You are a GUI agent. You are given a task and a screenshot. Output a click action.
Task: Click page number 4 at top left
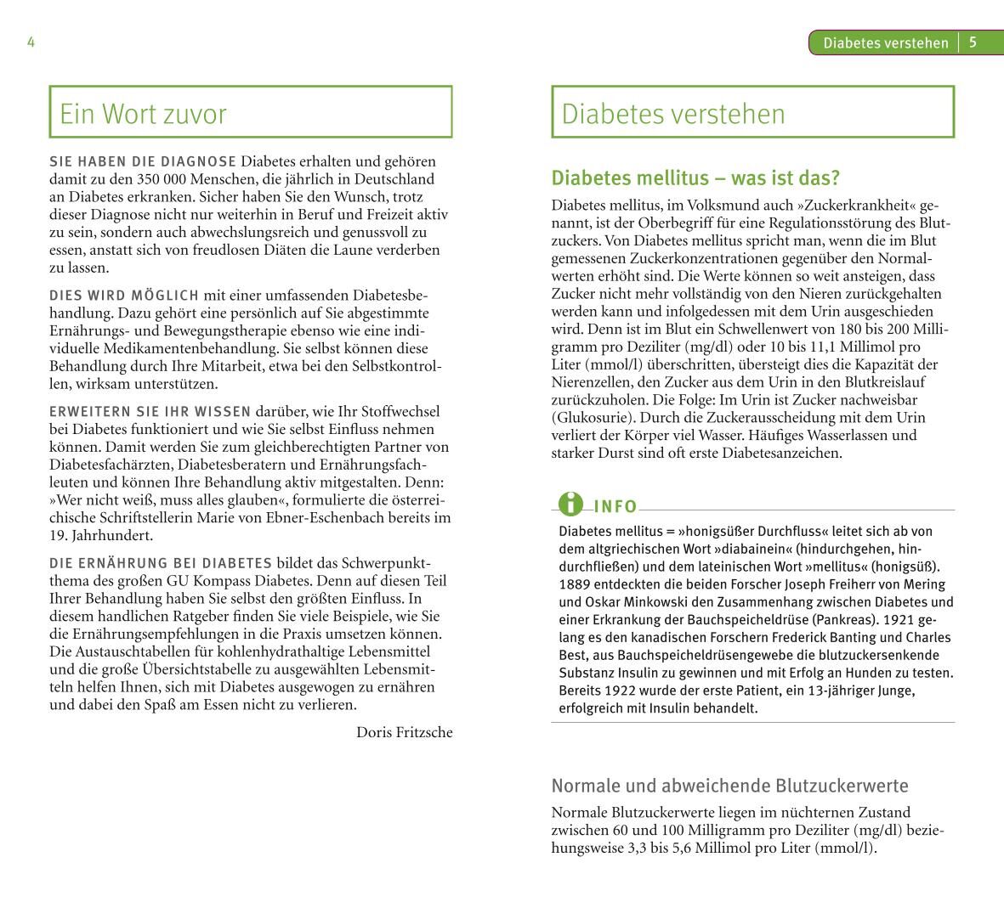point(31,42)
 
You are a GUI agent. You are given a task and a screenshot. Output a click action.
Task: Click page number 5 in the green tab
point(973,42)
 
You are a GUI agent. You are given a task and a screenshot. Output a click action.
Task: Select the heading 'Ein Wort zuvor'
point(143,114)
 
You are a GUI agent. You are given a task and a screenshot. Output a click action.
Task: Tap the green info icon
point(571,504)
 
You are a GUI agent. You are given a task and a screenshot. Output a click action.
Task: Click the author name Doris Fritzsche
point(405,732)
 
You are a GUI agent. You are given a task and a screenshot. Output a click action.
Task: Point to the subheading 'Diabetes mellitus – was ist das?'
point(695,178)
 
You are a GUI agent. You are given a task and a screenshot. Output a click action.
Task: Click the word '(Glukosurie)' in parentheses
point(593,418)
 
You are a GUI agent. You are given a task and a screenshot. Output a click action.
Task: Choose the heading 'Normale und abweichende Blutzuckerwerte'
point(729,786)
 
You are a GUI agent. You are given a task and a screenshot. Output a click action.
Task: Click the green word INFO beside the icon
point(615,507)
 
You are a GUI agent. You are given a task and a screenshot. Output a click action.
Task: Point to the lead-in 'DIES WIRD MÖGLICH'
point(124,296)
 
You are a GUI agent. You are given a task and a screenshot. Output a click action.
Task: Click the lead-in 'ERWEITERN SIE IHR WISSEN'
point(150,412)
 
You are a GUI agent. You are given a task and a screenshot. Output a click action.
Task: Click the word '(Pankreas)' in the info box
point(846,620)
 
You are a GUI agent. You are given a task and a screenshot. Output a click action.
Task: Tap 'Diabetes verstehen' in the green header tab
point(885,43)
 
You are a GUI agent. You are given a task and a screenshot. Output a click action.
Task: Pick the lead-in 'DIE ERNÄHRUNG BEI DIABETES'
point(161,563)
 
